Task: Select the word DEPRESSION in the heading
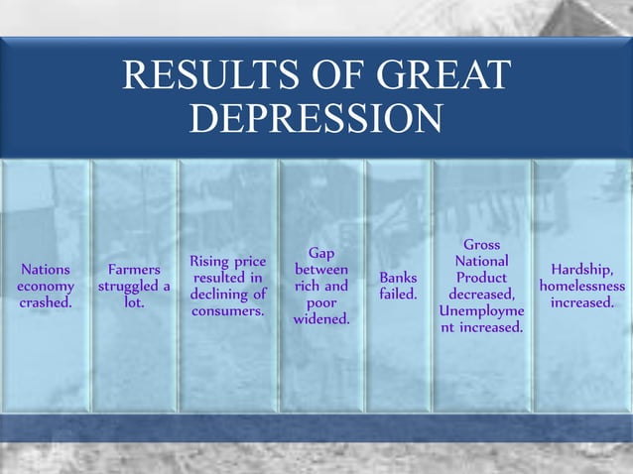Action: coord(316,118)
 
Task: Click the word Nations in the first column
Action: coord(45,270)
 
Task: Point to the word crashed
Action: coord(46,302)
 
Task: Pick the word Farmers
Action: coord(134,270)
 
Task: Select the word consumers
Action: coord(228,310)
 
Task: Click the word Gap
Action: coord(320,253)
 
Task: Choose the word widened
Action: coord(320,318)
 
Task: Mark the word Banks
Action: coord(398,278)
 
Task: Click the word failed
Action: coord(398,295)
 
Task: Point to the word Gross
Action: coord(481,245)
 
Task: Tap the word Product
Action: coord(481,278)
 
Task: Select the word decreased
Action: coord(480,295)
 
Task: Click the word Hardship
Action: coord(581,270)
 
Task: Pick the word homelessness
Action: coord(581,287)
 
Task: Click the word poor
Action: coord(320,302)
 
